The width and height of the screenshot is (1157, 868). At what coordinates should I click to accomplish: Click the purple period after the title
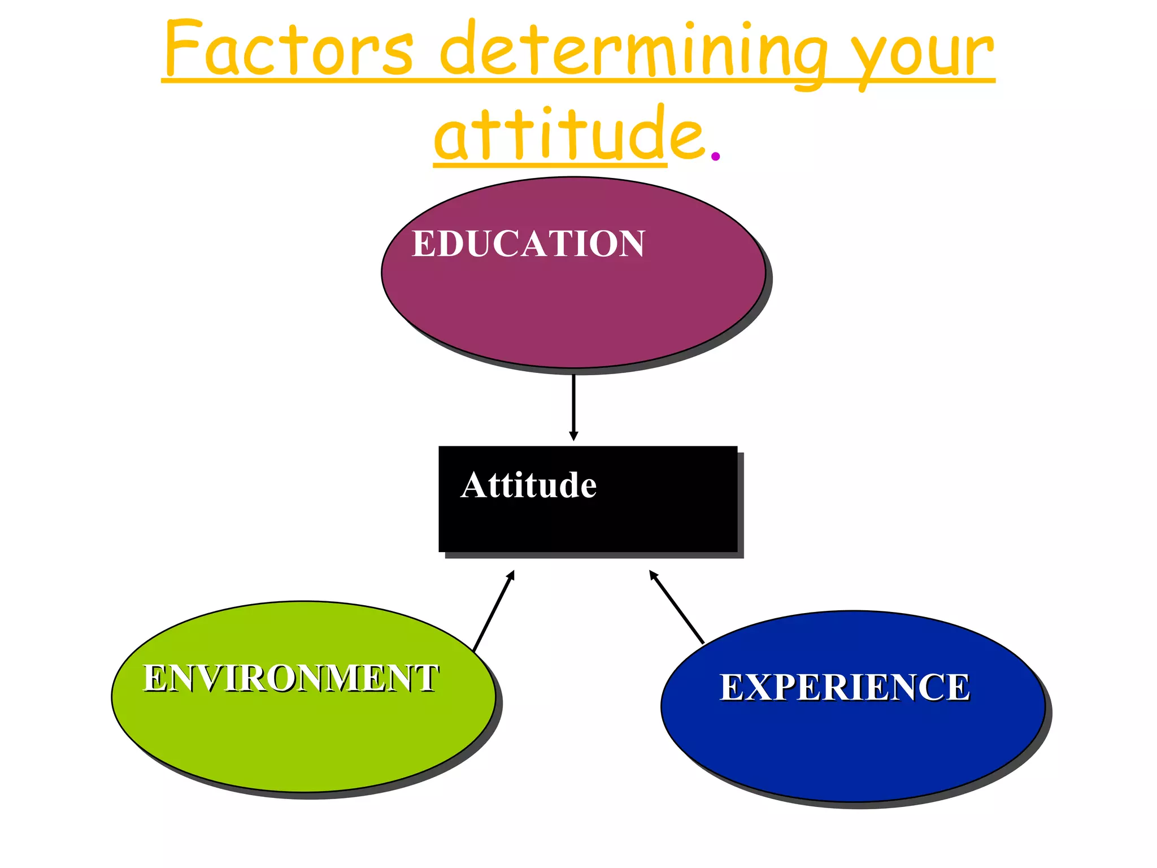(x=715, y=155)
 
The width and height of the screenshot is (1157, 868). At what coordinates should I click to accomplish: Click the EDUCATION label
(x=528, y=244)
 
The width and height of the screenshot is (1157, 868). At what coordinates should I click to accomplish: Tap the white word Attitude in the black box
(x=528, y=485)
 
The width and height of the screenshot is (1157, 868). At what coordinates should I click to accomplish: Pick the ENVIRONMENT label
(x=290, y=678)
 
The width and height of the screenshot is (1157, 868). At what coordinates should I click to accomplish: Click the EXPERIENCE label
(x=844, y=687)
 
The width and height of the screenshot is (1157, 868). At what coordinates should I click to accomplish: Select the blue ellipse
(x=852, y=752)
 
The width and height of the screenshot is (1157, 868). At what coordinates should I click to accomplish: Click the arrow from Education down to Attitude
(x=573, y=404)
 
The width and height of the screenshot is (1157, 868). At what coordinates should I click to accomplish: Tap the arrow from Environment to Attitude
(x=493, y=613)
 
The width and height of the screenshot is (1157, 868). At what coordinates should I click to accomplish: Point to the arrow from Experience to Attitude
(x=677, y=607)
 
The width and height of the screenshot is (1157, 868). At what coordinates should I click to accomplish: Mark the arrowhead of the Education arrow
(x=573, y=436)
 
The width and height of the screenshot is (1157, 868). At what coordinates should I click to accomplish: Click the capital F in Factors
(x=184, y=48)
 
